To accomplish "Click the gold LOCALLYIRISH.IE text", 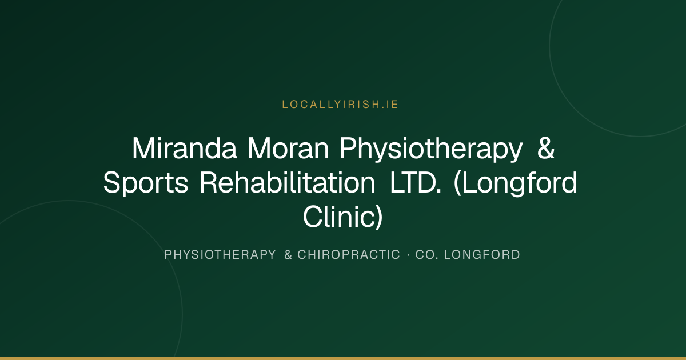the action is (340, 105).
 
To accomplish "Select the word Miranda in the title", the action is (184, 149).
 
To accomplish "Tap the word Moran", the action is (288, 149).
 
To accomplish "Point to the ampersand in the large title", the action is (546, 148).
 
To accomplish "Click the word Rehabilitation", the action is (288, 182).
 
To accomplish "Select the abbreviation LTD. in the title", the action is (416, 182).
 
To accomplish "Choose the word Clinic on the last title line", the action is (339, 217).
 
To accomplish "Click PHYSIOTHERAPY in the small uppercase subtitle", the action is (220, 255).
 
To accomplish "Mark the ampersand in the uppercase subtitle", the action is (288, 255).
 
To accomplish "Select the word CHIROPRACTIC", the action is (349, 255).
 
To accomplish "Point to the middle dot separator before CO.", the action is (409, 255).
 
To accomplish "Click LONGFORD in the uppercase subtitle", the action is (482, 255).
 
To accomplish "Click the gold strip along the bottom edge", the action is (343, 358).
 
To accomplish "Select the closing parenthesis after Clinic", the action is (380, 217).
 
